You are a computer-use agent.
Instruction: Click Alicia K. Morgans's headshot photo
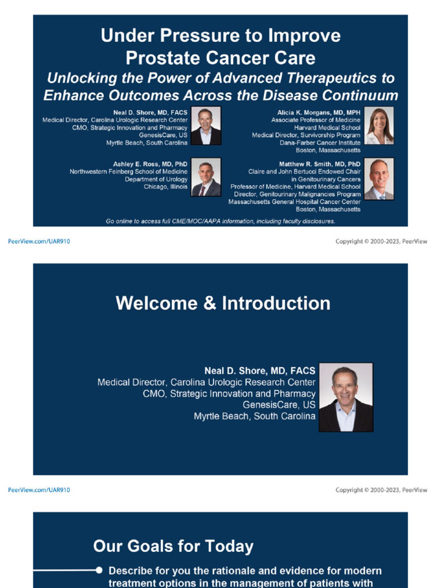[379, 126]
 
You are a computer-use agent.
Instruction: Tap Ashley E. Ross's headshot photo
[206, 177]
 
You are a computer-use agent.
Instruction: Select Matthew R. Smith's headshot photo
[379, 179]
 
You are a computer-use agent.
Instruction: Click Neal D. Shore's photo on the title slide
[206, 126]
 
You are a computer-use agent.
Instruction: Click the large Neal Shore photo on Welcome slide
[346, 397]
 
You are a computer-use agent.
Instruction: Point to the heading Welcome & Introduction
[223, 303]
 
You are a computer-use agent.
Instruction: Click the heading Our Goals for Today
[173, 546]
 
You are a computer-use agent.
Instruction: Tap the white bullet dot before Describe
[99, 570]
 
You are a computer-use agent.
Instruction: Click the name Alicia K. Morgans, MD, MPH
[319, 113]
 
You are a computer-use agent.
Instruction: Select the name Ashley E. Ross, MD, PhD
[150, 164]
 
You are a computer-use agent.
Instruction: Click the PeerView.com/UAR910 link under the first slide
[39, 242]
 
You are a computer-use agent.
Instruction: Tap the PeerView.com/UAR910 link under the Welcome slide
[39, 490]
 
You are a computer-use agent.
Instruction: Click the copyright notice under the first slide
[381, 242]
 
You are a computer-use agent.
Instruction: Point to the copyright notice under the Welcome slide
[381, 490]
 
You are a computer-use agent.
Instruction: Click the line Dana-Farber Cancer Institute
[320, 142]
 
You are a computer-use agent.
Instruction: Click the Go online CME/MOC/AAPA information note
[220, 221]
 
